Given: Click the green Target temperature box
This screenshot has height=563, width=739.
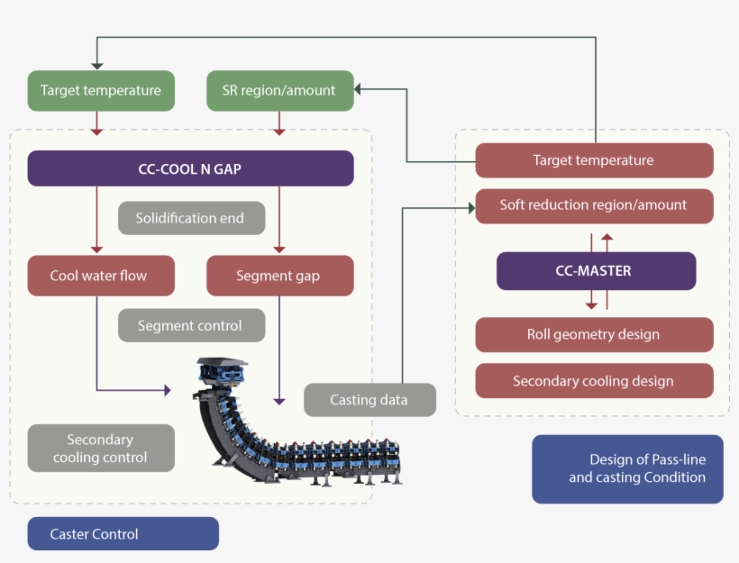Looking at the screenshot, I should [100, 90].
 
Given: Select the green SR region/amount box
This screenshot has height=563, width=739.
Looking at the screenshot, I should [278, 90].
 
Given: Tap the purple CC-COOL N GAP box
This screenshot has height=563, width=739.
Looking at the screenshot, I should [190, 168].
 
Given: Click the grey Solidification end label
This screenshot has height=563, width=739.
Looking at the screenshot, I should [190, 218].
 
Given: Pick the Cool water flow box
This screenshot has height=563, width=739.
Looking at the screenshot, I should [99, 276].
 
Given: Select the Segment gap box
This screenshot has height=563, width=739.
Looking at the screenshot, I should [278, 276].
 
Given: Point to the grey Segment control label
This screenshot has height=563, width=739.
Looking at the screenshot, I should [190, 325].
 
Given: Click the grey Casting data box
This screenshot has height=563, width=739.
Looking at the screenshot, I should [369, 399].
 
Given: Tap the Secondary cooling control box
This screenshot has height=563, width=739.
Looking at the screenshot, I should [100, 448].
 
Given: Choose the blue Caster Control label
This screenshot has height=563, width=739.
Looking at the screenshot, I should [123, 533].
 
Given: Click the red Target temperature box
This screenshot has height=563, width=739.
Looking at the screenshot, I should [593, 160].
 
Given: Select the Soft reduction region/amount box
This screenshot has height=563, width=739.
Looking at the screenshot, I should [593, 205].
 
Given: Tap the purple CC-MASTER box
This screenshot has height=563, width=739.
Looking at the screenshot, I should [596, 270].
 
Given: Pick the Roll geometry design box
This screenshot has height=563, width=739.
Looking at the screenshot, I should [593, 334].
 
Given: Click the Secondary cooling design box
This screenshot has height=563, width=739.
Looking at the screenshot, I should [593, 381].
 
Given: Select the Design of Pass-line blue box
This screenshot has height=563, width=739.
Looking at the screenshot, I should [627, 468].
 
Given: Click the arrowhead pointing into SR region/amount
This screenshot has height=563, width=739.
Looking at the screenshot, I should [359, 89].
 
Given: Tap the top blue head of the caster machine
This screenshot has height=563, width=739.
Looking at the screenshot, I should [222, 369].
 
